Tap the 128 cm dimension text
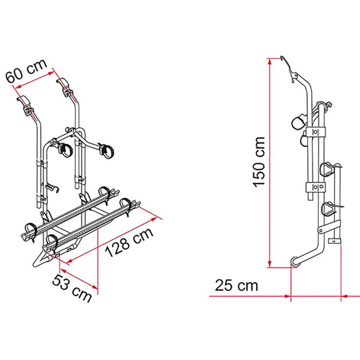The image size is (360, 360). tap(129, 243)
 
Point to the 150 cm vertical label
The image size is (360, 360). tap(259, 161)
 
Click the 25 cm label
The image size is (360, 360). tap(237, 285)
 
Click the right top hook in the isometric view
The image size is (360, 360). tap(66, 85)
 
